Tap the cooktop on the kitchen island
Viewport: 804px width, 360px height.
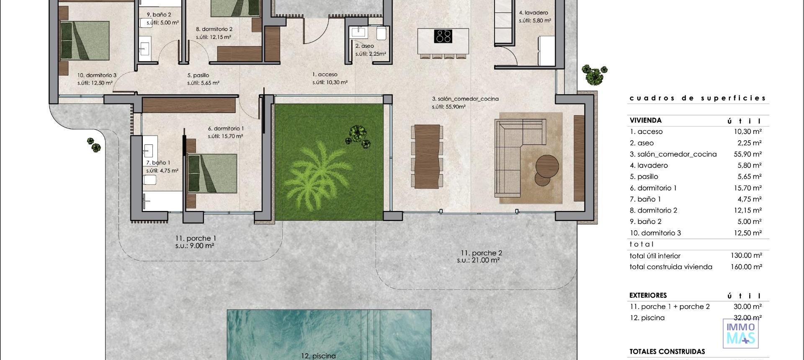click(443, 36)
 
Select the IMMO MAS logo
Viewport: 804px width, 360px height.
click(741, 334)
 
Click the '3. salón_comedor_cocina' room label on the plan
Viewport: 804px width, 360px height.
click(465, 99)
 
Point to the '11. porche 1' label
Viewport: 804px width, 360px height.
click(196, 239)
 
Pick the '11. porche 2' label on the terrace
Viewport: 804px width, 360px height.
click(481, 253)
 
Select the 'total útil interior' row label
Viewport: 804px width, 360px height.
click(655, 256)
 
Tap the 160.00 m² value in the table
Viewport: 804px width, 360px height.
click(746, 267)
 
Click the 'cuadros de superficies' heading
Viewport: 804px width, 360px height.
click(698, 98)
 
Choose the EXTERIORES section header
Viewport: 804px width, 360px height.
click(648, 295)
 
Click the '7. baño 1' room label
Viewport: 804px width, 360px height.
click(158, 163)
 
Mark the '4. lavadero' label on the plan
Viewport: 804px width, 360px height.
click(533, 13)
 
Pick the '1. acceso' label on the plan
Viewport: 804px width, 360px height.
click(325, 75)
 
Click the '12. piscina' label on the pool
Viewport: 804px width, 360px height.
click(318, 356)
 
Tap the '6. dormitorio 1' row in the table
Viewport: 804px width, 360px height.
click(653, 188)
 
